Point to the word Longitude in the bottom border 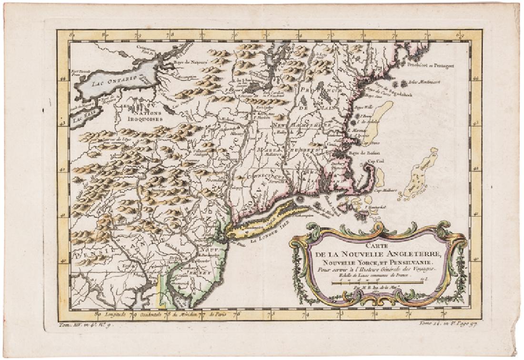click(x=114, y=314)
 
